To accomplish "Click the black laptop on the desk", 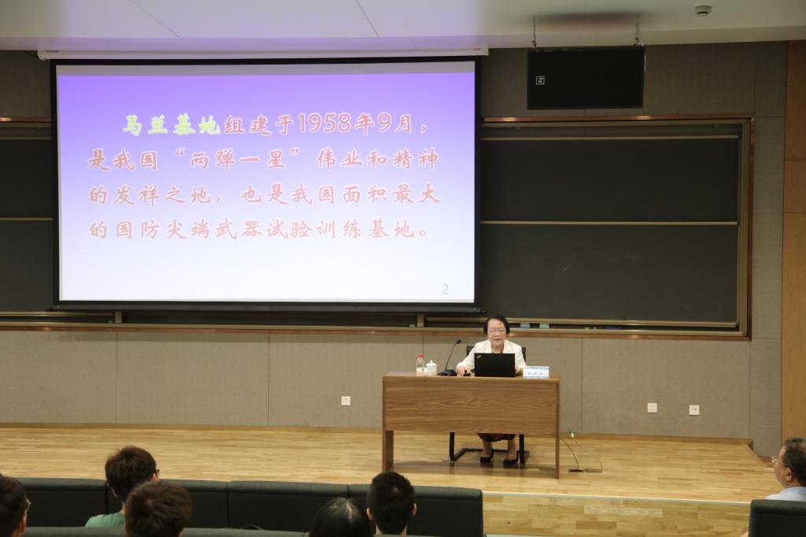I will pos(494,365).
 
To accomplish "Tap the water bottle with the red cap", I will pos(420,365).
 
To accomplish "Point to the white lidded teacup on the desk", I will pos(431,367).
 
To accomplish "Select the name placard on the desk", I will pos(536,371).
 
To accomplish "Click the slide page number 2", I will pos(446,289).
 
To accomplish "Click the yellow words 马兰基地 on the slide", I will pos(171,124).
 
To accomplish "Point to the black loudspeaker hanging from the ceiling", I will pos(585,78).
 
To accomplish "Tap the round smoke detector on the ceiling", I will pos(702,10).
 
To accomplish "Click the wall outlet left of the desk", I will pos(346,400).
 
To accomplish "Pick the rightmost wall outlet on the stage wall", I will pos(693,409).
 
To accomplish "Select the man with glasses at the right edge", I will pos(789,469).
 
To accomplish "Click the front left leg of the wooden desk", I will pos(387,449).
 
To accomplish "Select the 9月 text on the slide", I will pos(394,124).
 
